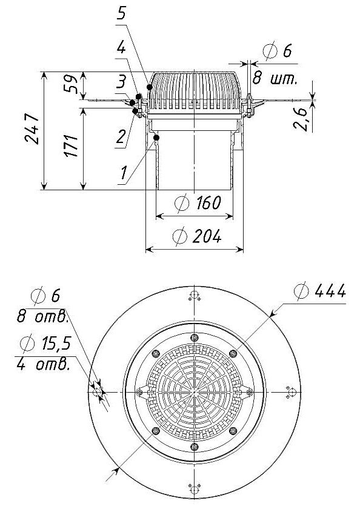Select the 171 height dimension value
pyautogui.click(x=71, y=145)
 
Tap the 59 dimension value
pyautogui.click(x=70, y=84)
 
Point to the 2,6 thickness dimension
pyautogui.click(x=301, y=119)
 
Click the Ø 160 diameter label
pyautogui.click(x=198, y=203)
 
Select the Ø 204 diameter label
pyautogui.click(x=197, y=236)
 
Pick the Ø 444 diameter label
pyautogui.click(x=320, y=290)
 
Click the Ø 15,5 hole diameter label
pyautogui.click(x=45, y=344)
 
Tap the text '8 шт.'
pyautogui.click(x=275, y=79)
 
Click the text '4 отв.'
pyautogui.click(x=43, y=365)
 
